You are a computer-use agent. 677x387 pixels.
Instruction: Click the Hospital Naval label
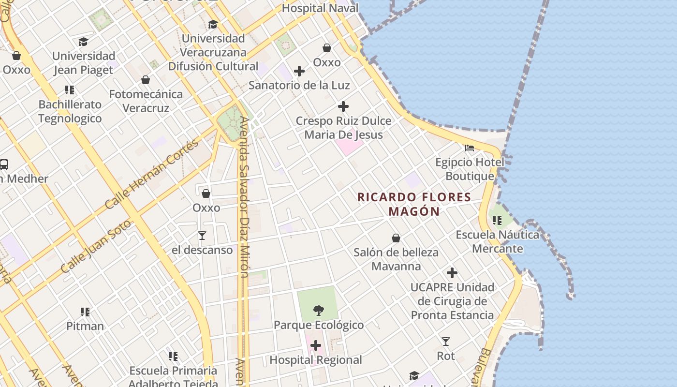pos(320,8)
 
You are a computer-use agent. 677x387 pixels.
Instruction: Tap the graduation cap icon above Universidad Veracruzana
pos(213,24)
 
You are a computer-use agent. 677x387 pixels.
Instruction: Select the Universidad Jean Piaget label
pos(84,63)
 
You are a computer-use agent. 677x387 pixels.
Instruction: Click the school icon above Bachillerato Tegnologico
pos(70,90)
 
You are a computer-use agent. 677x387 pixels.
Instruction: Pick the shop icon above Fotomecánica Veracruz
pos(146,80)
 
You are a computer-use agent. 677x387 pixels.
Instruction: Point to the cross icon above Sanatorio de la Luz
pos(299,71)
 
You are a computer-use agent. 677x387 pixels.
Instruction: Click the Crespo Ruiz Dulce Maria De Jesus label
pos(343,128)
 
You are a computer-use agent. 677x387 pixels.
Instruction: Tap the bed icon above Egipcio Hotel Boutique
pos(470,148)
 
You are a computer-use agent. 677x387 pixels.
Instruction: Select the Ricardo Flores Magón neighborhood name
pos(414,204)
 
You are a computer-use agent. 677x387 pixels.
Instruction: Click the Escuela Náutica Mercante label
pos(498,242)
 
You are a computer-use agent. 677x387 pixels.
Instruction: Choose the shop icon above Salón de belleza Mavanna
pos(396,238)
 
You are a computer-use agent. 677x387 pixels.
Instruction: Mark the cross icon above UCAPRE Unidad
pos(452,273)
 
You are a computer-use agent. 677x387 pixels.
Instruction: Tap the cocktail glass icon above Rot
pos(446,342)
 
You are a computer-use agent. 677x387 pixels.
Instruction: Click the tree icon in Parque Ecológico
pos(318,311)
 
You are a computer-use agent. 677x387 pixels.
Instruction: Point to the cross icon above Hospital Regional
pos(316,345)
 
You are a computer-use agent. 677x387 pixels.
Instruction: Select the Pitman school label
pos(85,326)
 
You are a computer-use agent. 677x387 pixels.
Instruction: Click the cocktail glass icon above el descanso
pos(202,236)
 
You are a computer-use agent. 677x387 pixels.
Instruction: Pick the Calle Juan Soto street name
pos(96,247)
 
